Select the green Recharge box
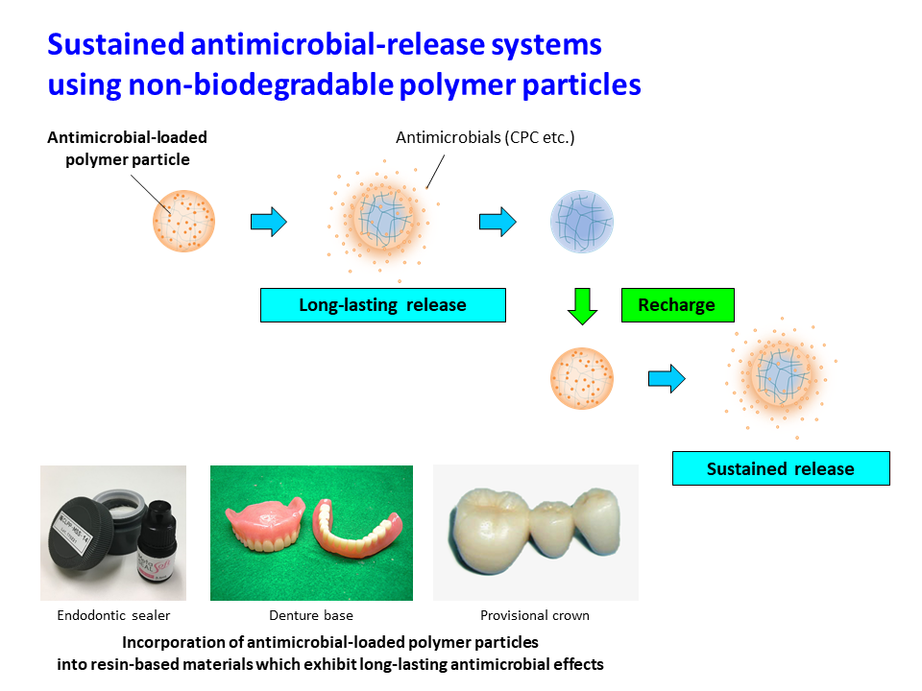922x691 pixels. [677, 305]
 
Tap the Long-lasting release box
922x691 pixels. [382, 305]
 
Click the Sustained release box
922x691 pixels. [780, 468]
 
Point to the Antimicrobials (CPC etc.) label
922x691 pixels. [485, 138]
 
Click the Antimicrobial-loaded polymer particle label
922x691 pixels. [128, 148]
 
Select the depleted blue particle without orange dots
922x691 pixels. [582, 222]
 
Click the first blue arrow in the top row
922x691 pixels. [269, 223]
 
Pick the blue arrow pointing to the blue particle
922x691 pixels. [497, 223]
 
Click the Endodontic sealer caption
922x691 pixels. [112, 615]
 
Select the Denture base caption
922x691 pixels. [311, 615]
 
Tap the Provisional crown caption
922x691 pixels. [535, 615]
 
